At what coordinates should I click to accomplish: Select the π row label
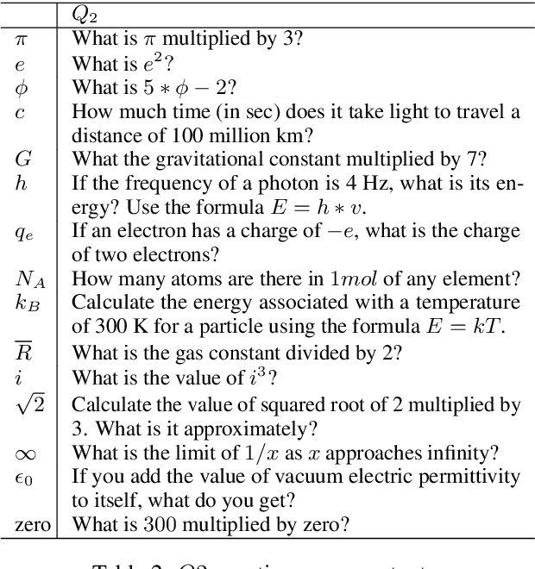point(22,39)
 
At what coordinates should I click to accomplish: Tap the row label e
point(20,64)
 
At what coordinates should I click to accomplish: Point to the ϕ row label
point(22,88)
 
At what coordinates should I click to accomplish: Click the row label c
point(20,111)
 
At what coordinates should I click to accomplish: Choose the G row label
point(23,159)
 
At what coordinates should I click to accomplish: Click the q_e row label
point(24,232)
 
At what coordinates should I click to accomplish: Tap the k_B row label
point(27,303)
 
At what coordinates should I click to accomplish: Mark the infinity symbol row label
point(24,453)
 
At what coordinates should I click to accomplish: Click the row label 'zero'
point(32,523)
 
